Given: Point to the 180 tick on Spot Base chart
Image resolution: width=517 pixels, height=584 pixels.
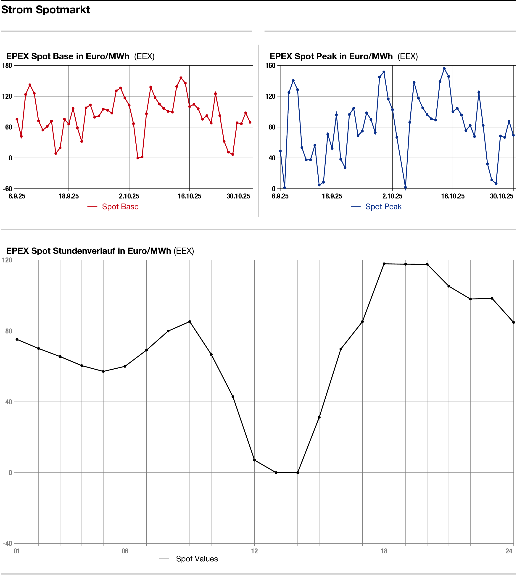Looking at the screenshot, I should [7, 65].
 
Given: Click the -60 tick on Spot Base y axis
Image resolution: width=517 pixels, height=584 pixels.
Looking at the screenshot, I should [8, 189].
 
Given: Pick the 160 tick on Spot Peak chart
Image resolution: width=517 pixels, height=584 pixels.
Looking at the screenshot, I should [270, 65].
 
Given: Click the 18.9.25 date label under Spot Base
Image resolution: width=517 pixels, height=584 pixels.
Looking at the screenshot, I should [69, 196].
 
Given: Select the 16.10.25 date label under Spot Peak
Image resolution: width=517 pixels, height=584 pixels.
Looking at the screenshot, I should [453, 196].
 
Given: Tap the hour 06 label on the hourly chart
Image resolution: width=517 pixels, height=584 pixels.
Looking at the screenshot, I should [125, 551].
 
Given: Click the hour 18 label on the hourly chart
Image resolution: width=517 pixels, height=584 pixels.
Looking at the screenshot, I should [384, 551].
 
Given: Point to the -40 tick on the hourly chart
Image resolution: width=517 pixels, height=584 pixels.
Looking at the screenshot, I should [8, 543].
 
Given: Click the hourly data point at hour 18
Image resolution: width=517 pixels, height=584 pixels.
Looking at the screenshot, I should [384, 264].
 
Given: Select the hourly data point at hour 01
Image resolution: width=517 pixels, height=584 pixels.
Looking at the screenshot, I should [17, 339].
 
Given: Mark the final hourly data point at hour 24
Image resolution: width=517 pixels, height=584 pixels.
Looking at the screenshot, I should [514, 322].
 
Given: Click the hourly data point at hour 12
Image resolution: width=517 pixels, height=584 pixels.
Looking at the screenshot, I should [254, 460].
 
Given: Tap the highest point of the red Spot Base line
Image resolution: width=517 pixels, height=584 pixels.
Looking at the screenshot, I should [181, 78].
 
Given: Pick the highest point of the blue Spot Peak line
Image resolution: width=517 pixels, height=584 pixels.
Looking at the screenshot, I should [444, 69].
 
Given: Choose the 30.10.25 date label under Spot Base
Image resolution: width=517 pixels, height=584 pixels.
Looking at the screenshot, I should [238, 196].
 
